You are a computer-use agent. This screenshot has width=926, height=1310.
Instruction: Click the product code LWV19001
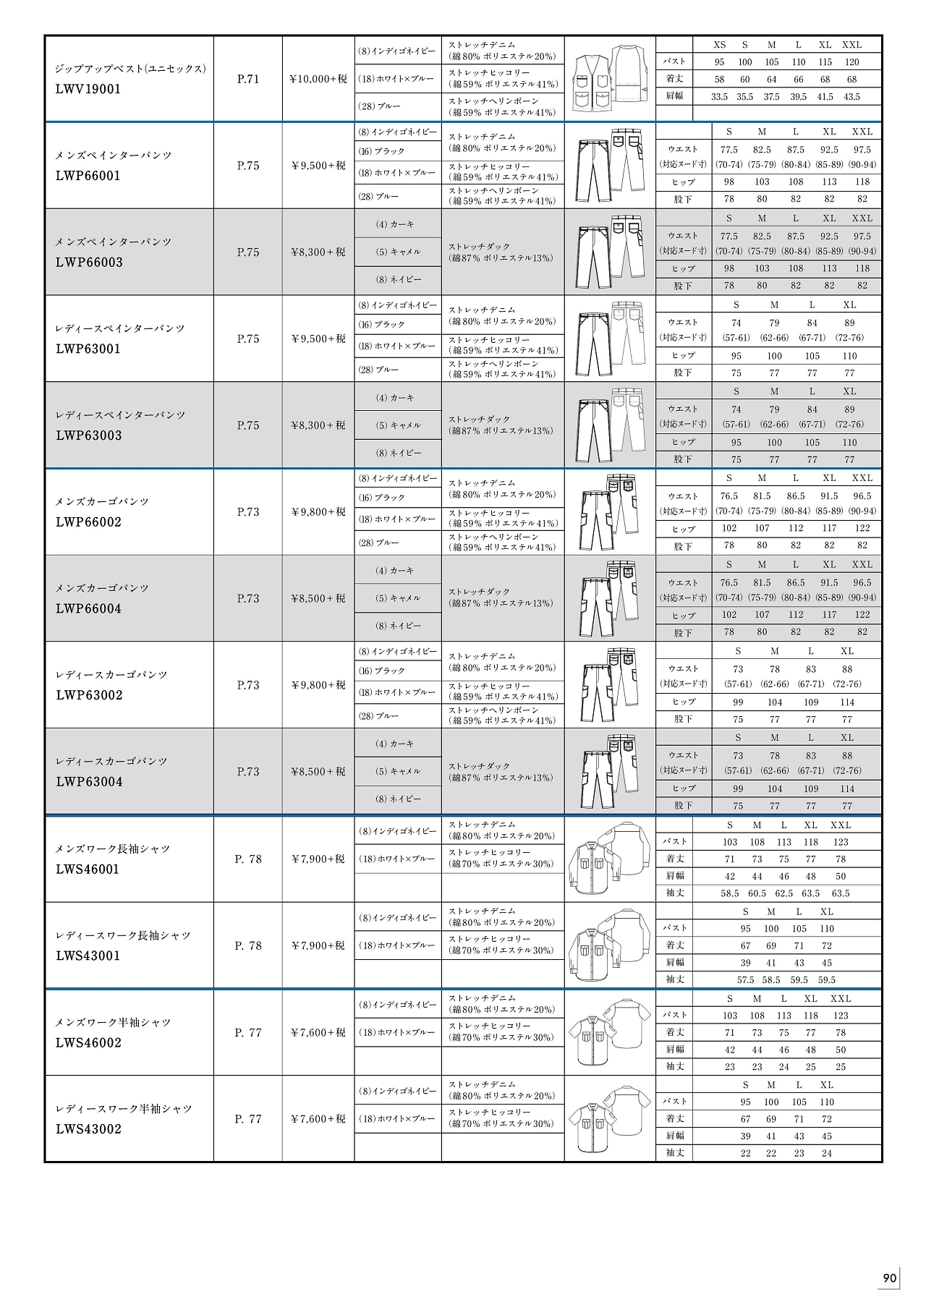[88, 90]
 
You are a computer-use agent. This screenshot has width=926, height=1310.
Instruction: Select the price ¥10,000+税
[318, 79]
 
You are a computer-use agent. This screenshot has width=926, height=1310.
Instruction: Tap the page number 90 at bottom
[890, 1277]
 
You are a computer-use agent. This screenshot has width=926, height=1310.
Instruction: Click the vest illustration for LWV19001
[610, 78]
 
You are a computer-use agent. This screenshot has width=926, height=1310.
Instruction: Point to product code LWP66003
[89, 263]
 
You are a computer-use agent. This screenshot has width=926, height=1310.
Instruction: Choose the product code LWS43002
[88, 1129]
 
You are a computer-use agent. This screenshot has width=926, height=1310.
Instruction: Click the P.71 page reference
[248, 79]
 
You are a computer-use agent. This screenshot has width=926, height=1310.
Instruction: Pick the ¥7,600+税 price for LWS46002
[318, 1032]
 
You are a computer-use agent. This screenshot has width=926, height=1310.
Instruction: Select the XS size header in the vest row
[720, 45]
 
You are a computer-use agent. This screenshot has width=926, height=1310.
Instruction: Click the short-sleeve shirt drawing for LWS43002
[610, 1118]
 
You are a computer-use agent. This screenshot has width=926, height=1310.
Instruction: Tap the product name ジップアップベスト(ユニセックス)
[131, 69]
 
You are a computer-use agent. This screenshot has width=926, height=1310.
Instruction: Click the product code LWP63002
[89, 695]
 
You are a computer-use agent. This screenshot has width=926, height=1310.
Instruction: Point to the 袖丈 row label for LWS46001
[675, 893]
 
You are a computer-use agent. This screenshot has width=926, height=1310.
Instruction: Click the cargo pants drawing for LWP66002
[610, 511]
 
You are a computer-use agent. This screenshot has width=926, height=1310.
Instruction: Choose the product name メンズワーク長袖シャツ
[113, 848]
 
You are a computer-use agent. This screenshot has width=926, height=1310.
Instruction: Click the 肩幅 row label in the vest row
[675, 96]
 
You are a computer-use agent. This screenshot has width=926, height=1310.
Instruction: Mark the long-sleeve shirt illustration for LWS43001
[610, 945]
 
